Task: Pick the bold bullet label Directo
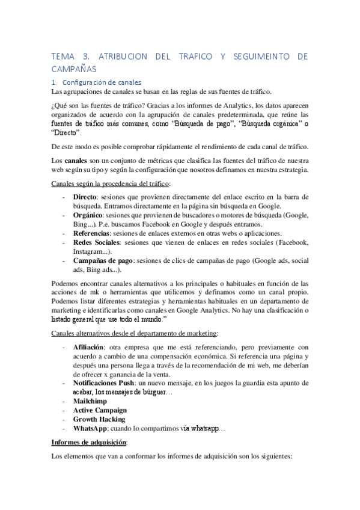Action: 85,197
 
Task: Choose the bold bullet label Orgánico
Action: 89,215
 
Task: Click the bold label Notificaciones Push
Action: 109,382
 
